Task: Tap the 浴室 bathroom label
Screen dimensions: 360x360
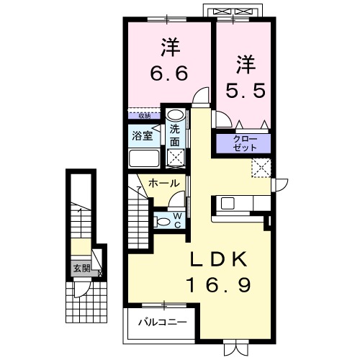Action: pyautogui.click(x=140, y=135)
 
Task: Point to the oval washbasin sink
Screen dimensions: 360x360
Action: pyautogui.click(x=174, y=115)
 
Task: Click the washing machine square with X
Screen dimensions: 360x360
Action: pyautogui.click(x=175, y=156)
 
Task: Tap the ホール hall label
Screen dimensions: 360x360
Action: pyautogui.click(x=163, y=184)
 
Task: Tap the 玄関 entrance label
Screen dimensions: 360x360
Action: pyautogui.click(x=80, y=269)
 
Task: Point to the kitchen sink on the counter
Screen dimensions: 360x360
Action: pyautogui.click(x=228, y=202)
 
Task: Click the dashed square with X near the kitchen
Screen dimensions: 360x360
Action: pyautogui.click(x=260, y=168)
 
